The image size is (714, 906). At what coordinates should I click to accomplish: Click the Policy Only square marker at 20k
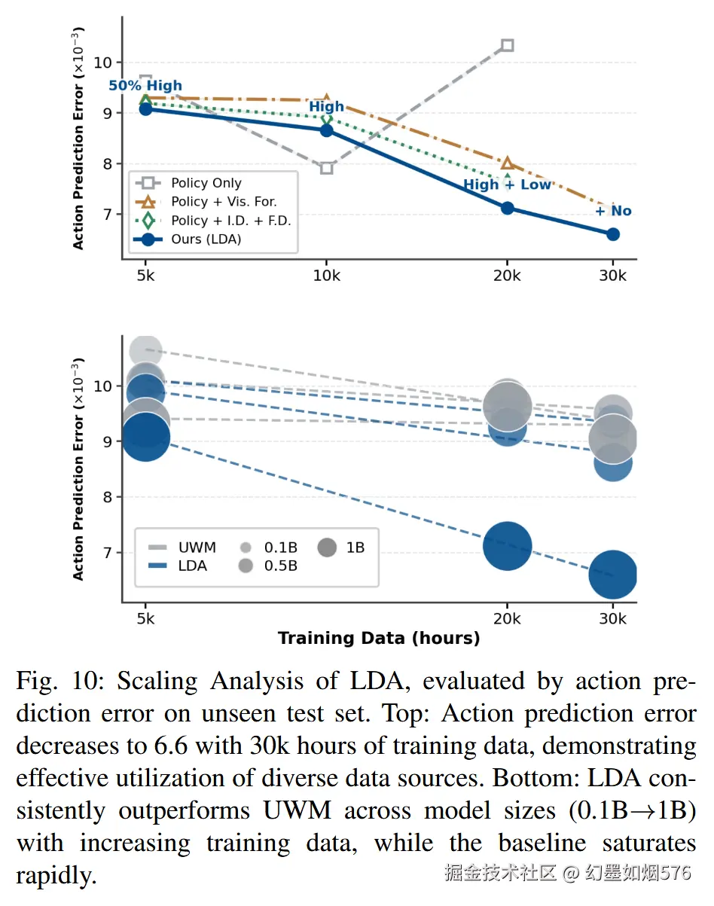(x=507, y=45)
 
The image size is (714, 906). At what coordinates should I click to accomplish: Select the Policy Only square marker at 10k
(x=326, y=167)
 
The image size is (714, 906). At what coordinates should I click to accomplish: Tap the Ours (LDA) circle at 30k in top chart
(x=612, y=234)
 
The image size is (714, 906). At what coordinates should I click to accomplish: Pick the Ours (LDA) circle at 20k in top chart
(x=507, y=208)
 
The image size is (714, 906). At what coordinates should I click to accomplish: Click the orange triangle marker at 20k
(x=507, y=163)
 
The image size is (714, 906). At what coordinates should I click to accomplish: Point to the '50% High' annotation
(x=145, y=86)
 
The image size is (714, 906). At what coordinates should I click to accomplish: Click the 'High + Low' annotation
(x=507, y=185)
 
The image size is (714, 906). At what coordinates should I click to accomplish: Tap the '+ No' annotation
(x=613, y=211)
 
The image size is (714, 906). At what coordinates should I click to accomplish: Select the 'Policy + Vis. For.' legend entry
(x=224, y=202)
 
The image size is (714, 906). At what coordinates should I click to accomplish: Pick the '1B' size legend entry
(x=355, y=548)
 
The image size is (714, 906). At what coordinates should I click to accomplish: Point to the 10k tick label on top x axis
(x=326, y=276)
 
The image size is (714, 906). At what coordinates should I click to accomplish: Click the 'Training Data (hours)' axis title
(x=379, y=639)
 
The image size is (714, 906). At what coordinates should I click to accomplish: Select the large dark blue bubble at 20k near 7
(x=507, y=546)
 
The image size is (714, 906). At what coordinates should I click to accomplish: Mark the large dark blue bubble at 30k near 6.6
(x=612, y=576)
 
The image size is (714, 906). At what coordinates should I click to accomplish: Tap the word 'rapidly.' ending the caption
(x=56, y=876)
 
